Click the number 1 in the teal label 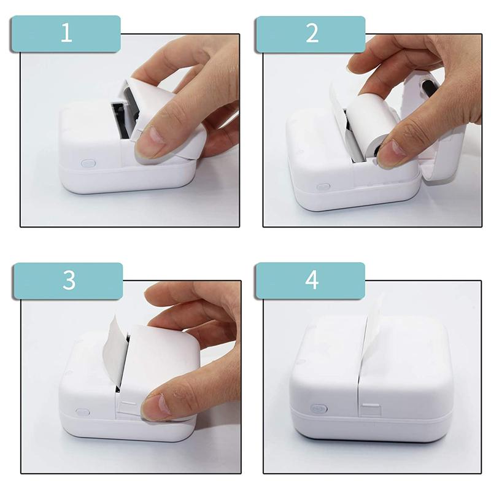click(x=66, y=33)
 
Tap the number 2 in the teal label click(x=312, y=33)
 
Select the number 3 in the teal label click(x=69, y=280)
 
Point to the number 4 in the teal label click(x=312, y=280)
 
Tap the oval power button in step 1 click(x=88, y=164)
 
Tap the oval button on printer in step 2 click(x=323, y=187)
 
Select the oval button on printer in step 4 click(x=319, y=408)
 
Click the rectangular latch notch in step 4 click(x=370, y=406)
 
